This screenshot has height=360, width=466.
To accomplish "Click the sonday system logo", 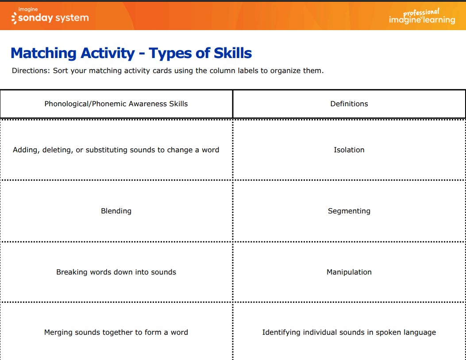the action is [50, 16].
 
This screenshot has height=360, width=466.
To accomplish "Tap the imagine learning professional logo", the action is [422, 17].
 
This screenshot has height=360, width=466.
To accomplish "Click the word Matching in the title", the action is [43, 54].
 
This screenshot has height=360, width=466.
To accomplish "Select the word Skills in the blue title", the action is [233, 53].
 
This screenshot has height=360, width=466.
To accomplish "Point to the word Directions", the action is [31, 70].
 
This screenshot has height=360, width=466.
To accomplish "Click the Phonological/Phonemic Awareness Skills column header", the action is [116, 104].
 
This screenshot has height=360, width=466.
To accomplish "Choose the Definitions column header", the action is [349, 104].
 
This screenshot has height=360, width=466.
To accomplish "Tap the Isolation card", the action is [349, 150].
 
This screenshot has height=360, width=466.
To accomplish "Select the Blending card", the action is [116, 211].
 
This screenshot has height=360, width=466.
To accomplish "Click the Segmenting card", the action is [349, 211].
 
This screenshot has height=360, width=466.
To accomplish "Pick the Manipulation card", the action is [349, 272].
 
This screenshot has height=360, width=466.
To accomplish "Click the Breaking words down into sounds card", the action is [116, 272].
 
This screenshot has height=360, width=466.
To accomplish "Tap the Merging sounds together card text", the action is [116, 333].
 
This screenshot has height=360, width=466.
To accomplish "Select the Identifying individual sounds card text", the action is [349, 333].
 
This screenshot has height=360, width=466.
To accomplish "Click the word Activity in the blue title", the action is [108, 54].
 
